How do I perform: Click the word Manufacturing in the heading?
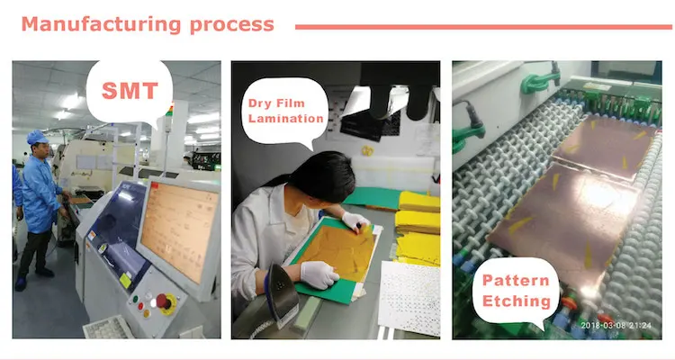(x=101, y=24)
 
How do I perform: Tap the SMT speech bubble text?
(x=130, y=91)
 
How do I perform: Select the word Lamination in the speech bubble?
(x=286, y=118)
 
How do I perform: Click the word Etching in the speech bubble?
(x=517, y=301)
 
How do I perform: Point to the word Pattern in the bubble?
(x=516, y=280)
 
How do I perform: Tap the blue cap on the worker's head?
(x=37, y=137)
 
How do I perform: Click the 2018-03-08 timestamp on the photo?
(x=616, y=326)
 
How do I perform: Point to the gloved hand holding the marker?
(x=356, y=221)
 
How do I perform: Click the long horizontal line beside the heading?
(x=483, y=27)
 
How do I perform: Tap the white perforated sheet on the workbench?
(x=409, y=297)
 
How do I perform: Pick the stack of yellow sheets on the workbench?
(x=418, y=229)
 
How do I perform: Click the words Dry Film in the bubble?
(x=276, y=103)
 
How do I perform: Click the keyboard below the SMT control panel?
(x=108, y=328)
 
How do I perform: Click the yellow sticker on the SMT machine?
(x=125, y=281)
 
